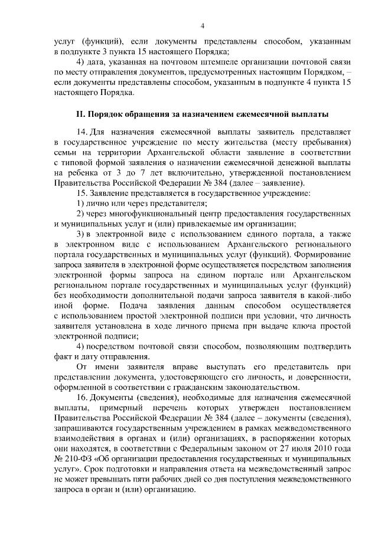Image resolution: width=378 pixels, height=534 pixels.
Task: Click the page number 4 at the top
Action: point(202,25)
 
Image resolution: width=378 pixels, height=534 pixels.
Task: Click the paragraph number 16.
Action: point(83,398)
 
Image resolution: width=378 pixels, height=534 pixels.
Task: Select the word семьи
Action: point(66,152)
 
